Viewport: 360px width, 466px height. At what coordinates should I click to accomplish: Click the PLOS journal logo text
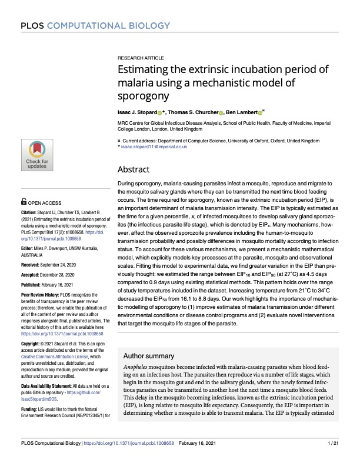95,25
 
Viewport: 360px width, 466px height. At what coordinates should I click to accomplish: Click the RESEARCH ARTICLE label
141,59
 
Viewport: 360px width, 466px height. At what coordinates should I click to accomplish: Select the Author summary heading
154,357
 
